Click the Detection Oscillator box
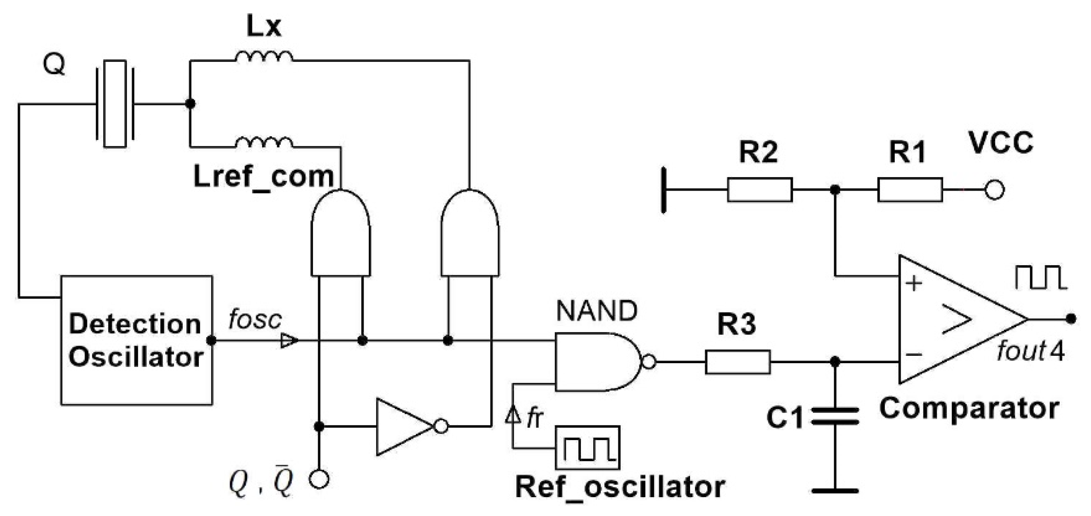click(x=136, y=340)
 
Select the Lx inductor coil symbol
click(x=264, y=57)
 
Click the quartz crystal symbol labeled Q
click(x=115, y=104)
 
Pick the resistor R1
click(x=910, y=190)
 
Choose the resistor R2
click(x=760, y=190)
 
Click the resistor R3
click(x=737, y=362)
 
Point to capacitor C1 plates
click(x=835, y=416)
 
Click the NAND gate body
click(x=596, y=362)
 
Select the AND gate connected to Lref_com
click(x=341, y=235)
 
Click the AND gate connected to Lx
click(x=470, y=235)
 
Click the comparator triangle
click(x=953, y=319)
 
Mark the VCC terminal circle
click(x=994, y=190)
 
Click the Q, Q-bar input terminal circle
click(x=319, y=479)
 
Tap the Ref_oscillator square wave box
click(x=587, y=447)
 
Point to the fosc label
click(x=255, y=319)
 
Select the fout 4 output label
click(x=1030, y=352)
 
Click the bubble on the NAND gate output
click(x=649, y=362)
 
